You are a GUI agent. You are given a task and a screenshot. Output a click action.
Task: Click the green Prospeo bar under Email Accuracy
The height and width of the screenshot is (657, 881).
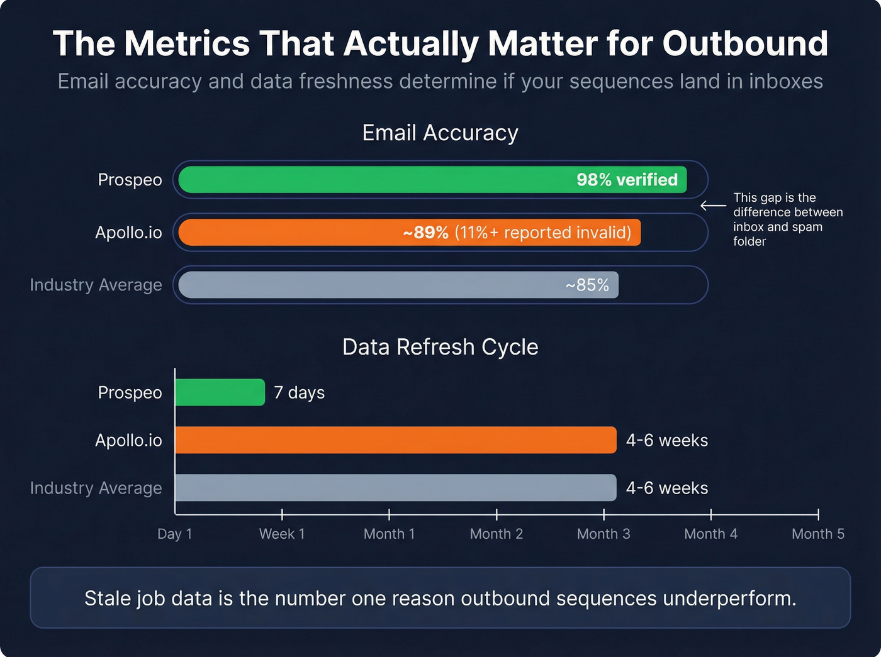[378, 180]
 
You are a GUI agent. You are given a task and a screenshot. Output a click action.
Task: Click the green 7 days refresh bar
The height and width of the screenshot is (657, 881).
[220, 392]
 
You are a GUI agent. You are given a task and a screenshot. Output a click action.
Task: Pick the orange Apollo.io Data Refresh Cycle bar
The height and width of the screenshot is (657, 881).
[395, 440]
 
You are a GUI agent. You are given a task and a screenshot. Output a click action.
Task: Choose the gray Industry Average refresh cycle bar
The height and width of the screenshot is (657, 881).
[395, 488]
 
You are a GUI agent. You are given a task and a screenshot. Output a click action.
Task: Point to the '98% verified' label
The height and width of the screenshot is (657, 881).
[627, 180]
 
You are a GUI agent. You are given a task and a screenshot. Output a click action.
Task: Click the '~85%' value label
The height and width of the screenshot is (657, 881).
[587, 285]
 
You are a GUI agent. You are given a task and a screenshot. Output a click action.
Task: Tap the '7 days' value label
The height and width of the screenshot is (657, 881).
[300, 393]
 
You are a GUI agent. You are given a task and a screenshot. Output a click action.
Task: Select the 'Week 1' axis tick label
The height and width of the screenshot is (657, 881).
[282, 534]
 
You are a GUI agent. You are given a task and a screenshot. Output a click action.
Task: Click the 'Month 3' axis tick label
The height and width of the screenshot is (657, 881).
[603, 534]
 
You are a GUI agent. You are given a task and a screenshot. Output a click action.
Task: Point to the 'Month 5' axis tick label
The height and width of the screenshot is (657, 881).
[818, 534]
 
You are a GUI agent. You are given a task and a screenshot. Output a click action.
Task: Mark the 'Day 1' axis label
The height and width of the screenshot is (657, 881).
[175, 534]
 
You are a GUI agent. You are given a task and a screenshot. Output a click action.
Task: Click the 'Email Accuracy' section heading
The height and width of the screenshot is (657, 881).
[441, 133]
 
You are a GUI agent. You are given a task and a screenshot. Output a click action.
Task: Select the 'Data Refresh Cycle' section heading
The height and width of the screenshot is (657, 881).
[441, 347]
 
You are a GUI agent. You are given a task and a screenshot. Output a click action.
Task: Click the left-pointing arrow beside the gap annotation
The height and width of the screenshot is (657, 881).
[713, 206]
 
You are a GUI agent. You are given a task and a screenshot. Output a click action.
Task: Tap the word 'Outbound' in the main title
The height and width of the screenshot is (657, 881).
[745, 44]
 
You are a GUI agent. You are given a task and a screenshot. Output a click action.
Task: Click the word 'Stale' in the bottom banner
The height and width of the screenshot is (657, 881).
[105, 599]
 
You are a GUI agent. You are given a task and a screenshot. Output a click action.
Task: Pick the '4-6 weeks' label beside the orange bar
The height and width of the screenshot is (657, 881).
[667, 441]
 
